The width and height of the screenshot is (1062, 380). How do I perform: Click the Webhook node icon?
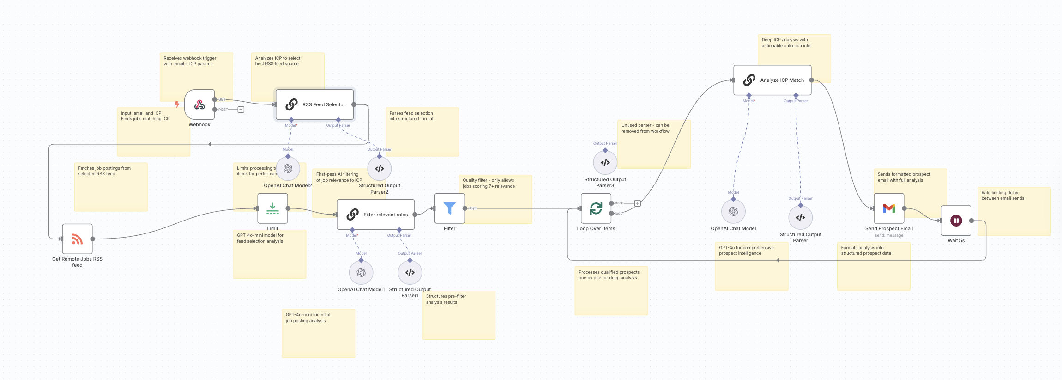(199, 105)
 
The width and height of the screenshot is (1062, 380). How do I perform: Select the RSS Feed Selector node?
(314, 104)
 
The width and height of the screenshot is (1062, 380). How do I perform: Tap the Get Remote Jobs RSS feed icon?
(77, 239)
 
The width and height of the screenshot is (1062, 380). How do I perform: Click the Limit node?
(272, 208)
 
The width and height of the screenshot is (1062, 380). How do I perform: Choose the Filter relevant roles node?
(375, 215)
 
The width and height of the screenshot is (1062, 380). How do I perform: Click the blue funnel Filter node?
(449, 208)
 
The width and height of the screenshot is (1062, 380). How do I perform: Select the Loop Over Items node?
(596, 208)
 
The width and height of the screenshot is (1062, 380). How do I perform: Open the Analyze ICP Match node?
(772, 80)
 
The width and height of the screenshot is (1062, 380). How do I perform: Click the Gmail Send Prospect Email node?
(889, 208)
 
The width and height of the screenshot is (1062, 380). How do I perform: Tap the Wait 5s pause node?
(956, 221)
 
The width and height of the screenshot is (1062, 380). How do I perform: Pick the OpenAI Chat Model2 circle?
(288, 169)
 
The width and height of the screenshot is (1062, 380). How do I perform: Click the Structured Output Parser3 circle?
(605, 163)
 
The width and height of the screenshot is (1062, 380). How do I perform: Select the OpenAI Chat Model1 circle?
(361, 273)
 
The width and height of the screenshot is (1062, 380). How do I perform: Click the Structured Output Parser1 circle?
(410, 273)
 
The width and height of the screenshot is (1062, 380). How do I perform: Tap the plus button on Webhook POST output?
(241, 110)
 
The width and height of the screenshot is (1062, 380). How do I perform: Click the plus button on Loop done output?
(637, 203)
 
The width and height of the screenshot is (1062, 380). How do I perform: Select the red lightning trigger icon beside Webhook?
(177, 104)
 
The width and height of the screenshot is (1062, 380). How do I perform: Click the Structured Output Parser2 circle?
(380, 169)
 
